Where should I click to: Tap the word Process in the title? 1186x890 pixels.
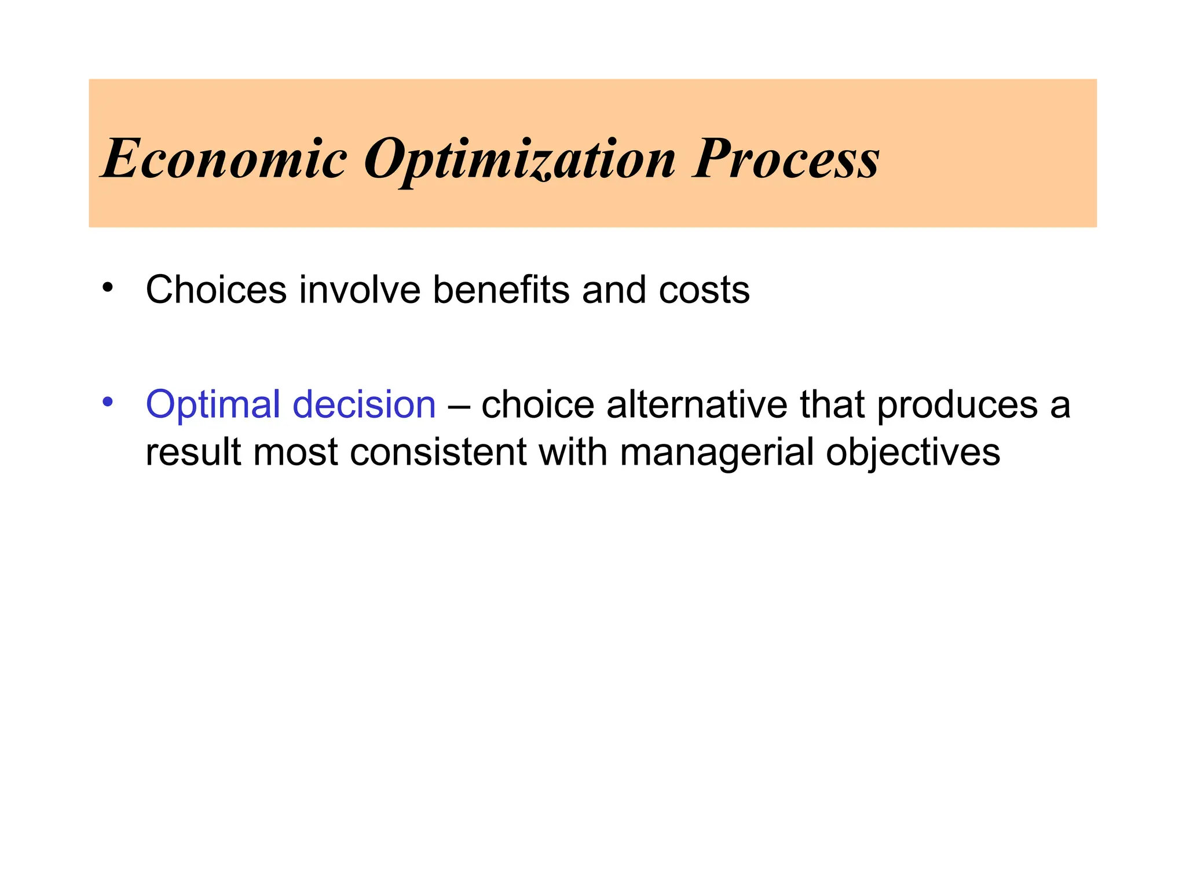786,158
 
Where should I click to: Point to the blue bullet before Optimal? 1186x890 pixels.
108,402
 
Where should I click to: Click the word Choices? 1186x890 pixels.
216,289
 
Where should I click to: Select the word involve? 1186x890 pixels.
360,289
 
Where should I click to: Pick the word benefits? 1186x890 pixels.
501,289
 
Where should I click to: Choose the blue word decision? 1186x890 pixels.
364,404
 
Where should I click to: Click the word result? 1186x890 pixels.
193,452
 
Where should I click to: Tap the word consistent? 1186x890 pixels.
438,452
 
